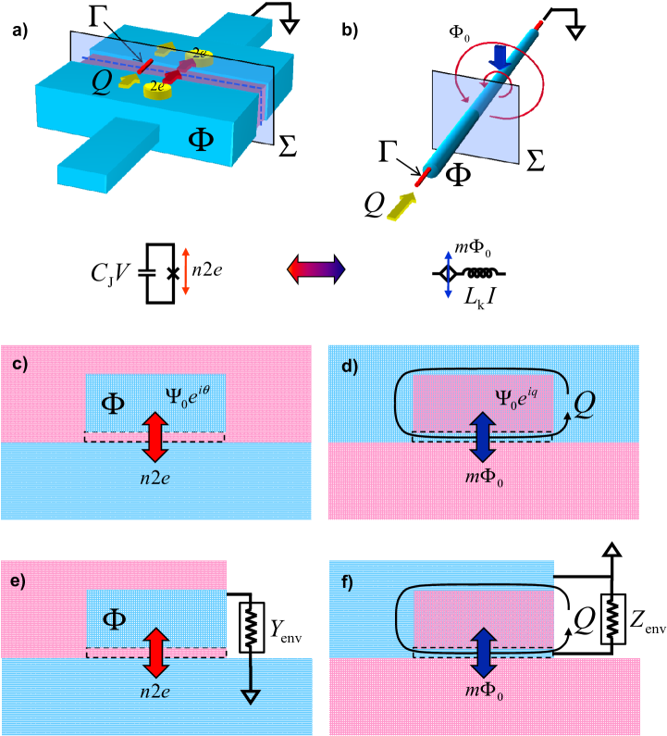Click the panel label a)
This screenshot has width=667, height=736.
pos(20,31)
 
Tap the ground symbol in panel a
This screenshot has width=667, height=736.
pos(290,25)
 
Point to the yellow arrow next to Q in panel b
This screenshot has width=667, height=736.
pos(401,207)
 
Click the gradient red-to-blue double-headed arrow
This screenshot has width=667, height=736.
pos(316,269)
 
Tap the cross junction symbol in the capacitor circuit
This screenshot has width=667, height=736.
pos(174,273)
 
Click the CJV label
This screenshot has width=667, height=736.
pos(109,273)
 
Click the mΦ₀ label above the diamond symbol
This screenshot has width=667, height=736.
pos(473,248)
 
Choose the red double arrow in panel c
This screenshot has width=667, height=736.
pos(155,437)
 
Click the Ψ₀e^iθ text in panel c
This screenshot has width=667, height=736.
pos(188,397)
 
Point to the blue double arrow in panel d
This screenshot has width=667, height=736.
pos(483,437)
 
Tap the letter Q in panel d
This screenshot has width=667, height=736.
pos(585,405)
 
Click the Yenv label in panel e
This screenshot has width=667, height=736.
pos(286,631)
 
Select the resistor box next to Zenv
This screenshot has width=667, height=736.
pos(613,619)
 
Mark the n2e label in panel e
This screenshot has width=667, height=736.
pos(155,692)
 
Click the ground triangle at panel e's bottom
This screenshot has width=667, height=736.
pos(251,697)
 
